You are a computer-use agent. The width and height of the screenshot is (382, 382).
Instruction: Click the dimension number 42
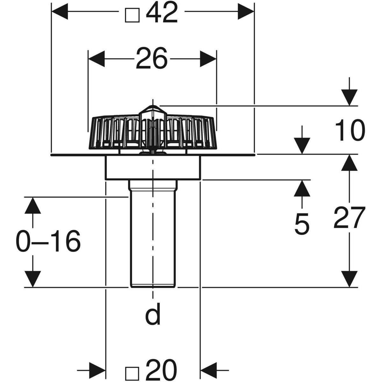[x=162, y=13]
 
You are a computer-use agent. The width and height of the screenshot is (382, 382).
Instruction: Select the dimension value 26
[x=152, y=59]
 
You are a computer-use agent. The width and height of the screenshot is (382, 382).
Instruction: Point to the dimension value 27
[x=349, y=218]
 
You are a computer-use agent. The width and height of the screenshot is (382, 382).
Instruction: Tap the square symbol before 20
[x=132, y=371]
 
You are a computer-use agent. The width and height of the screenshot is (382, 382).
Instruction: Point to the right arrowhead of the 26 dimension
[x=208, y=59]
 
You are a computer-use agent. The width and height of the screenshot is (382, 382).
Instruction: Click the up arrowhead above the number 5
[x=301, y=188]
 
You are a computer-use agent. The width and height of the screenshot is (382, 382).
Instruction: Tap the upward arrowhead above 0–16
[x=32, y=205]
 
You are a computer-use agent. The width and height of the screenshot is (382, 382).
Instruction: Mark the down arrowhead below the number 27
[x=349, y=279]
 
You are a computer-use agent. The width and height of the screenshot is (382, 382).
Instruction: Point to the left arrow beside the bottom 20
[x=97, y=370]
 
